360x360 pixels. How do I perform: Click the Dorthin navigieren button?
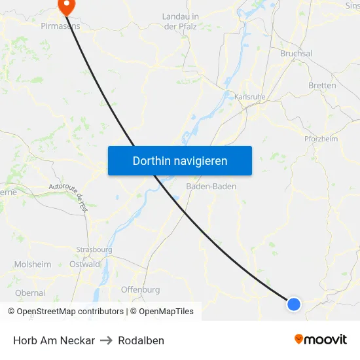tap(180, 160)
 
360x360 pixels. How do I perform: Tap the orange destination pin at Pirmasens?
tap(66, 6)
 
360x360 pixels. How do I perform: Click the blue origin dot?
tap(294, 304)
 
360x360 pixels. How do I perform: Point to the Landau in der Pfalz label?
tap(179, 21)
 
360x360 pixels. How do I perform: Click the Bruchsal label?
tap(296, 54)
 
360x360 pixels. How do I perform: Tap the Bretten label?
tap(322, 85)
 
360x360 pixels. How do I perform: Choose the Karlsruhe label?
tap(249, 97)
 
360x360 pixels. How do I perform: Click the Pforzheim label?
tap(321, 139)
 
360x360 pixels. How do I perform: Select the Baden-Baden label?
tap(211, 187)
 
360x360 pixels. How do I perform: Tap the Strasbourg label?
tap(94, 250)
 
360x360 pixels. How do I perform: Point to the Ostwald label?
tap(85, 264)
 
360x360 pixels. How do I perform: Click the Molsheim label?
tap(33, 264)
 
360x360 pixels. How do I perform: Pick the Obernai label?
tap(29, 293)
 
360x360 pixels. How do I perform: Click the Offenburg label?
tap(140, 289)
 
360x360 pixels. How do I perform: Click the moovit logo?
tap(321, 340)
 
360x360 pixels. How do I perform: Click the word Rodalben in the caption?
tap(141, 340)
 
